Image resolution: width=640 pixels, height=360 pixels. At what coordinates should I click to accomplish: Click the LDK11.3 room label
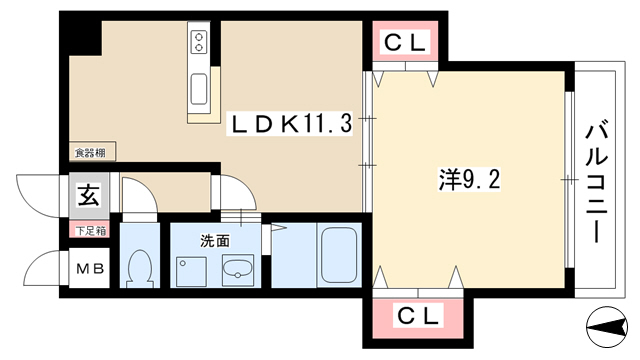291,124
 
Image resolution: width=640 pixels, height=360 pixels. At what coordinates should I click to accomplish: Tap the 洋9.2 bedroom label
469,179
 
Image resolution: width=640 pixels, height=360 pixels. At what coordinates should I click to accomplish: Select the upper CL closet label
405,42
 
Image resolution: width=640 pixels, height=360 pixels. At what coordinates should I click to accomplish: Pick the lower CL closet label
418,316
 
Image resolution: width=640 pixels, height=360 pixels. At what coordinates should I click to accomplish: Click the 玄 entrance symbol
89,195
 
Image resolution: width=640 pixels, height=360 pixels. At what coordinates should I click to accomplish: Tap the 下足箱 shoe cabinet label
91,231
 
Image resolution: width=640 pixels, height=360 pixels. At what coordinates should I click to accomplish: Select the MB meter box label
91,269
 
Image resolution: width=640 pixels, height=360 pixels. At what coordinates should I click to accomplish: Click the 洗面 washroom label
215,241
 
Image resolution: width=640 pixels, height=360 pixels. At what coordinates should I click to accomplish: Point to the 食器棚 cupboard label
91,153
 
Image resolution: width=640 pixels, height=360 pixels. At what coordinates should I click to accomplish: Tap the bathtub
338,255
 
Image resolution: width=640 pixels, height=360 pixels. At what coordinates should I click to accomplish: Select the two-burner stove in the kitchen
199,42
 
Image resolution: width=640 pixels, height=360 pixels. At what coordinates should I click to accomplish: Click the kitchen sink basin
199,89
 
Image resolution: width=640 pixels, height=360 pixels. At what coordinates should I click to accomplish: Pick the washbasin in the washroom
238,269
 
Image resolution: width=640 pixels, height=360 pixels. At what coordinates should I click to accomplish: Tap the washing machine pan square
191,271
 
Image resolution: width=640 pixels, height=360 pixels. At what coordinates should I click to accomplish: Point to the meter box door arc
42,266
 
